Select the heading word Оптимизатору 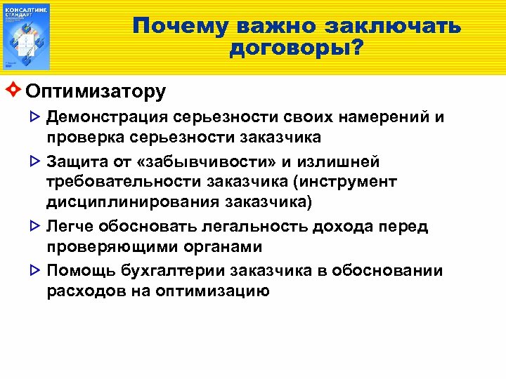96,91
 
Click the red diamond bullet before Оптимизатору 15,91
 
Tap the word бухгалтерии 181,271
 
